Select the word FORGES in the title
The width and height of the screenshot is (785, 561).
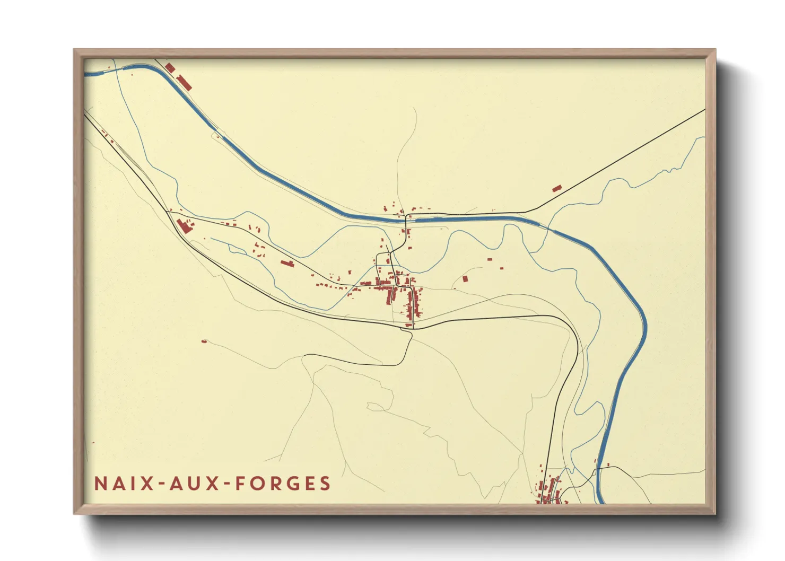click(283, 484)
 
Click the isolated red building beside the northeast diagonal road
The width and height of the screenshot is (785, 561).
click(556, 188)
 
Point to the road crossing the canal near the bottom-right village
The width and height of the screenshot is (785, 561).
click(598, 469)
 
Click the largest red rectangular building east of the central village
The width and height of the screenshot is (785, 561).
click(465, 278)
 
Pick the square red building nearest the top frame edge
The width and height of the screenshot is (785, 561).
click(170, 68)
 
